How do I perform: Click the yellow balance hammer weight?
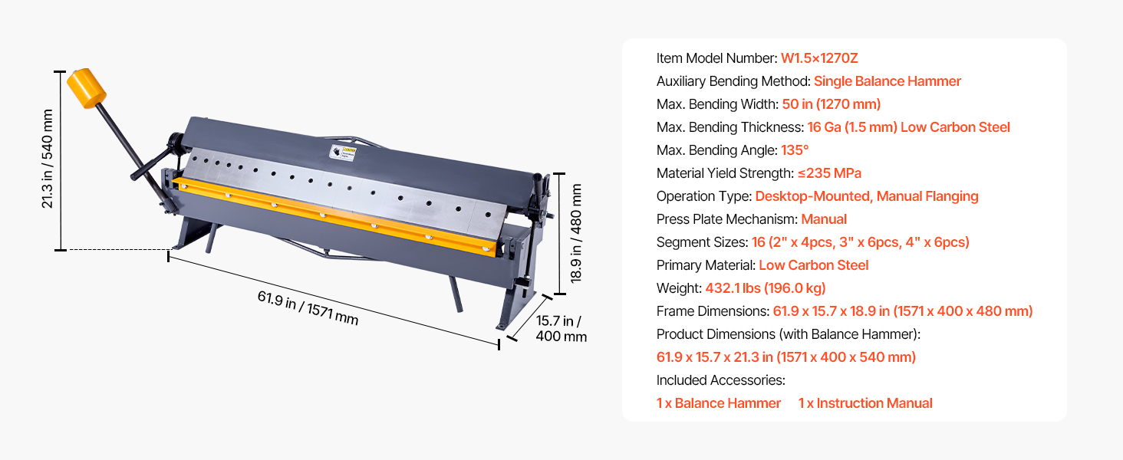point(86,88)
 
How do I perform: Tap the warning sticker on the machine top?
point(343,152)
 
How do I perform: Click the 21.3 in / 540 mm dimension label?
point(47,159)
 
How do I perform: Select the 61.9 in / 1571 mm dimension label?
point(308,307)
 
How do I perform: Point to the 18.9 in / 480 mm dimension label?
point(576,233)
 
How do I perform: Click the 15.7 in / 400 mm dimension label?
point(561,328)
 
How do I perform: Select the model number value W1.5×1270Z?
point(819,58)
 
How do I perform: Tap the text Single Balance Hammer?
point(887,81)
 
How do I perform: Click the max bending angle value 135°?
point(795,150)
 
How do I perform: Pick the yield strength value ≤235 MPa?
point(829,173)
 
